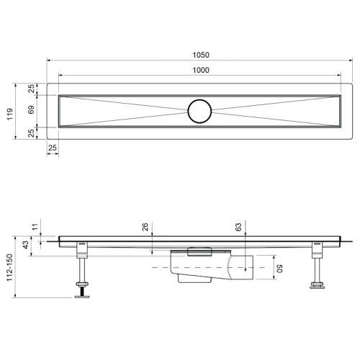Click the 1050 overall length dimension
[x=201, y=55]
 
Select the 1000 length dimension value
[x=201, y=70]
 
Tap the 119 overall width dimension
[x=9, y=114]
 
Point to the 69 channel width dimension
[x=31, y=109]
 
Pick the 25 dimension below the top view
[x=53, y=148]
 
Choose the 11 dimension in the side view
[x=35, y=227]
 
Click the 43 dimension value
[x=25, y=245]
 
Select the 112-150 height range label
[x=9, y=268]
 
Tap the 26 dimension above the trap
[x=145, y=227]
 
